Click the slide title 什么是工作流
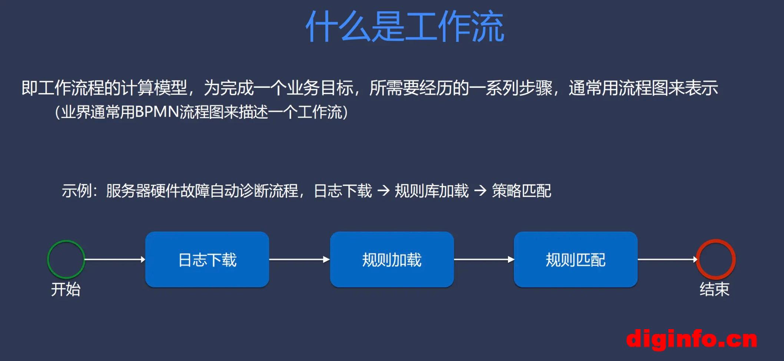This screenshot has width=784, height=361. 405,27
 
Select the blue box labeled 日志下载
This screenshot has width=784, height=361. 207,259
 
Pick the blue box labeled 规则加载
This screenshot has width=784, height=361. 392,259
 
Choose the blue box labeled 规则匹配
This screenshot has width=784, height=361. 575,259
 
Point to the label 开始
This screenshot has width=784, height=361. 66,289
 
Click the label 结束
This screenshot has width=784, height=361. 715,289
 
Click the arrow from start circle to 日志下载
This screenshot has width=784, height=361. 115,259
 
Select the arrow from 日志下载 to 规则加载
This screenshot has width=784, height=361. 299,259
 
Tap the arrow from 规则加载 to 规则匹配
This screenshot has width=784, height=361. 484,259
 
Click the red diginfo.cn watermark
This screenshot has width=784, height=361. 692,339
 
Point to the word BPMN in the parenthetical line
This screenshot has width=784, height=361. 157,112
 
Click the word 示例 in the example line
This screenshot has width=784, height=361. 77,191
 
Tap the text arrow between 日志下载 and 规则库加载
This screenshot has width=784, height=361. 383,191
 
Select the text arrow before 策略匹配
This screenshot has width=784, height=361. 481,191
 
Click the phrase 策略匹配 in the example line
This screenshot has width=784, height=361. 522,191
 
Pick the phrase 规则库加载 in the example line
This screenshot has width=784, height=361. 432,191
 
